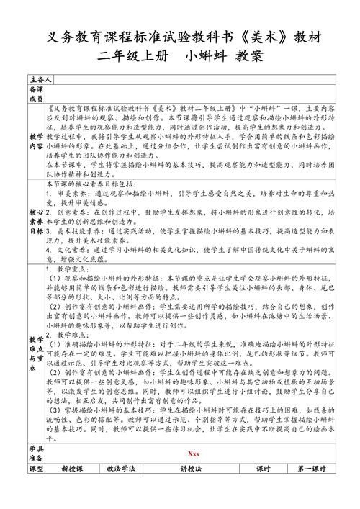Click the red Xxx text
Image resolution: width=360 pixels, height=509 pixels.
(193, 474)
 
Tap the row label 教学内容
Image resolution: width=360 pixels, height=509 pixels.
(36, 140)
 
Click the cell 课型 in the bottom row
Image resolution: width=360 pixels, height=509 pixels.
(36, 489)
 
